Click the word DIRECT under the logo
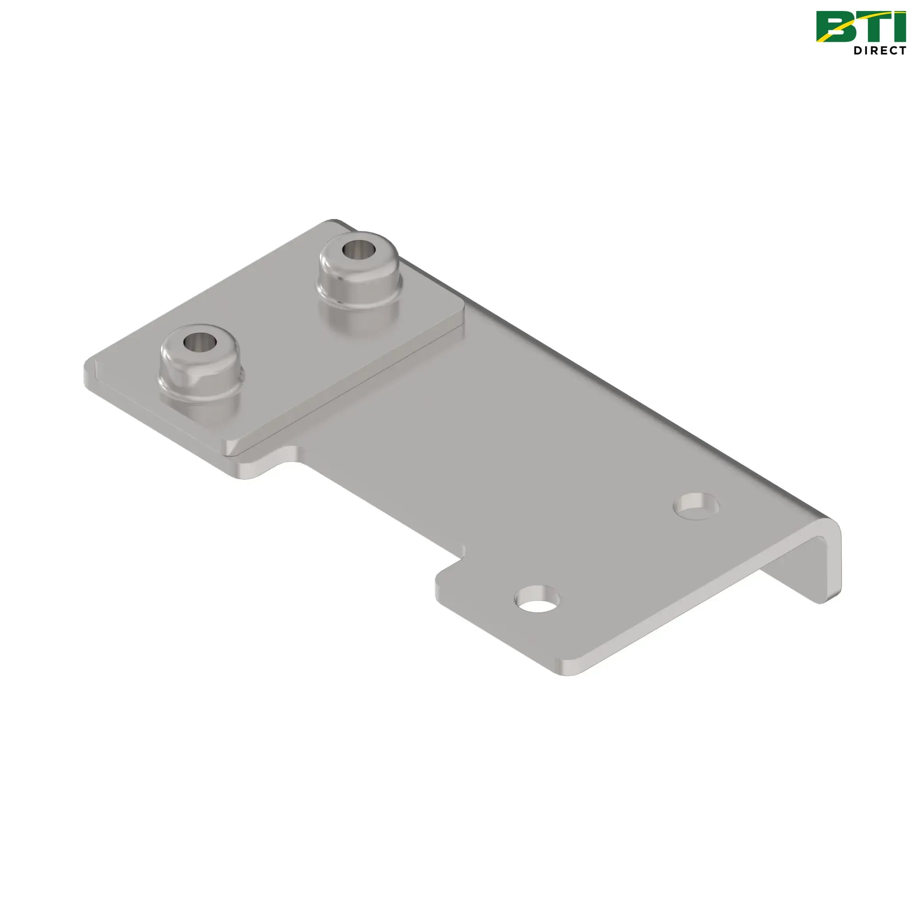click(x=879, y=51)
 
